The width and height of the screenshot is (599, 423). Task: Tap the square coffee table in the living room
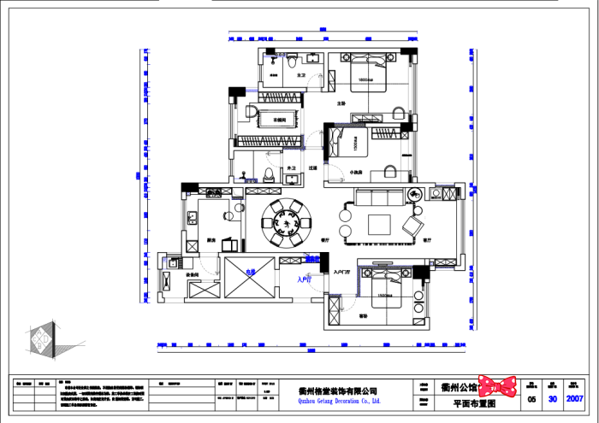pyautogui.click(x=379, y=225)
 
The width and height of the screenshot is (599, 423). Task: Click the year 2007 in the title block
pyautogui.click(x=576, y=398)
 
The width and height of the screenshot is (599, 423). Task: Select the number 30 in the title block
pyautogui.click(x=554, y=398)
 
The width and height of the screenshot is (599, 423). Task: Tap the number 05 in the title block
pyautogui.click(x=531, y=398)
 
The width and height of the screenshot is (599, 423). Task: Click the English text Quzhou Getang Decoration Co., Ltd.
pyautogui.click(x=338, y=399)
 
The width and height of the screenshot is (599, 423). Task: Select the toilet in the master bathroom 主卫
pyautogui.click(x=293, y=62)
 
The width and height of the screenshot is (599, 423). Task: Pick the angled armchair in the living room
pyautogui.click(x=412, y=226)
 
